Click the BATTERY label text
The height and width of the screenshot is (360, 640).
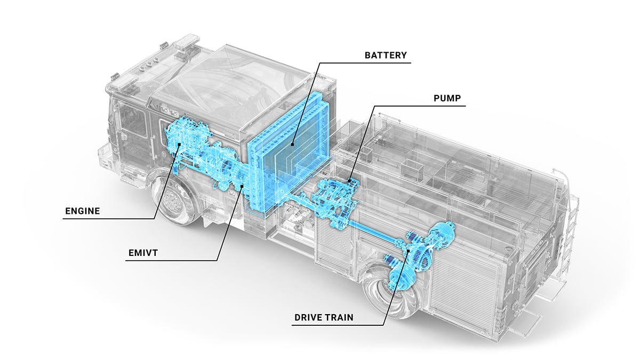[x=386, y=55]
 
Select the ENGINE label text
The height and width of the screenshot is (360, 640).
[x=82, y=211]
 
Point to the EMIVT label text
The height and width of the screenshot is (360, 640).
[x=143, y=253]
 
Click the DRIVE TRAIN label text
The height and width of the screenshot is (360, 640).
[x=324, y=318]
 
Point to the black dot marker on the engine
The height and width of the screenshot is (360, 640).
[x=179, y=144]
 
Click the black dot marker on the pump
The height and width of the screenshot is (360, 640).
[x=349, y=181]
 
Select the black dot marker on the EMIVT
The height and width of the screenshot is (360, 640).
[x=242, y=186]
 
